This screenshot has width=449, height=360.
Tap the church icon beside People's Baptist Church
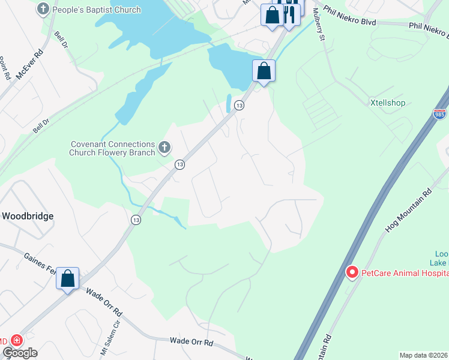[43, 10]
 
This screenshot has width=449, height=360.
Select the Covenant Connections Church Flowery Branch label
[113, 148]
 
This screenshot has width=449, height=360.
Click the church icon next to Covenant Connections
[164, 147]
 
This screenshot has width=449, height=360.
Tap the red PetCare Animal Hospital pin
[352, 272]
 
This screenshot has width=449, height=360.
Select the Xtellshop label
[387, 103]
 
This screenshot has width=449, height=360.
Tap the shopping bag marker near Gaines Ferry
[68, 278]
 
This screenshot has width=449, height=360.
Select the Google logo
[20, 352]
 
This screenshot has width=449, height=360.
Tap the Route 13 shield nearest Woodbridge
[136, 220]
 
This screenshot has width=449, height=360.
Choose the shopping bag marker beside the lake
[264, 71]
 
